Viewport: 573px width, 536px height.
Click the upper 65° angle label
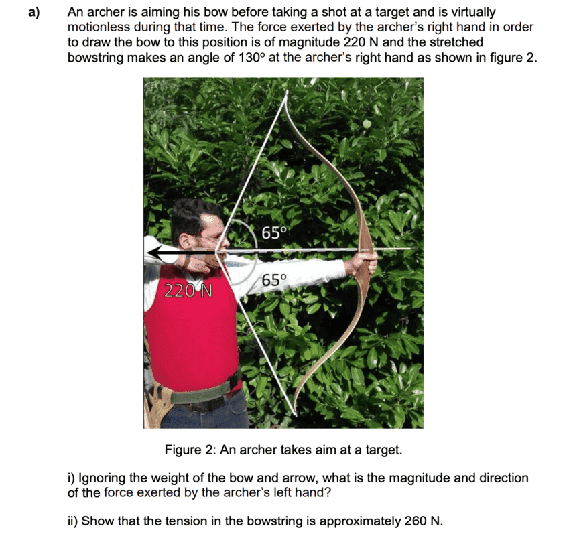[x=273, y=232]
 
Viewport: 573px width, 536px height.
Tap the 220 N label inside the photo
[x=188, y=291]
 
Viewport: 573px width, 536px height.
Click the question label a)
[x=35, y=12]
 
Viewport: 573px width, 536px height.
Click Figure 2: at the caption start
[x=190, y=450]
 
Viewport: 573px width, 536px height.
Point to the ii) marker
[x=73, y=521]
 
